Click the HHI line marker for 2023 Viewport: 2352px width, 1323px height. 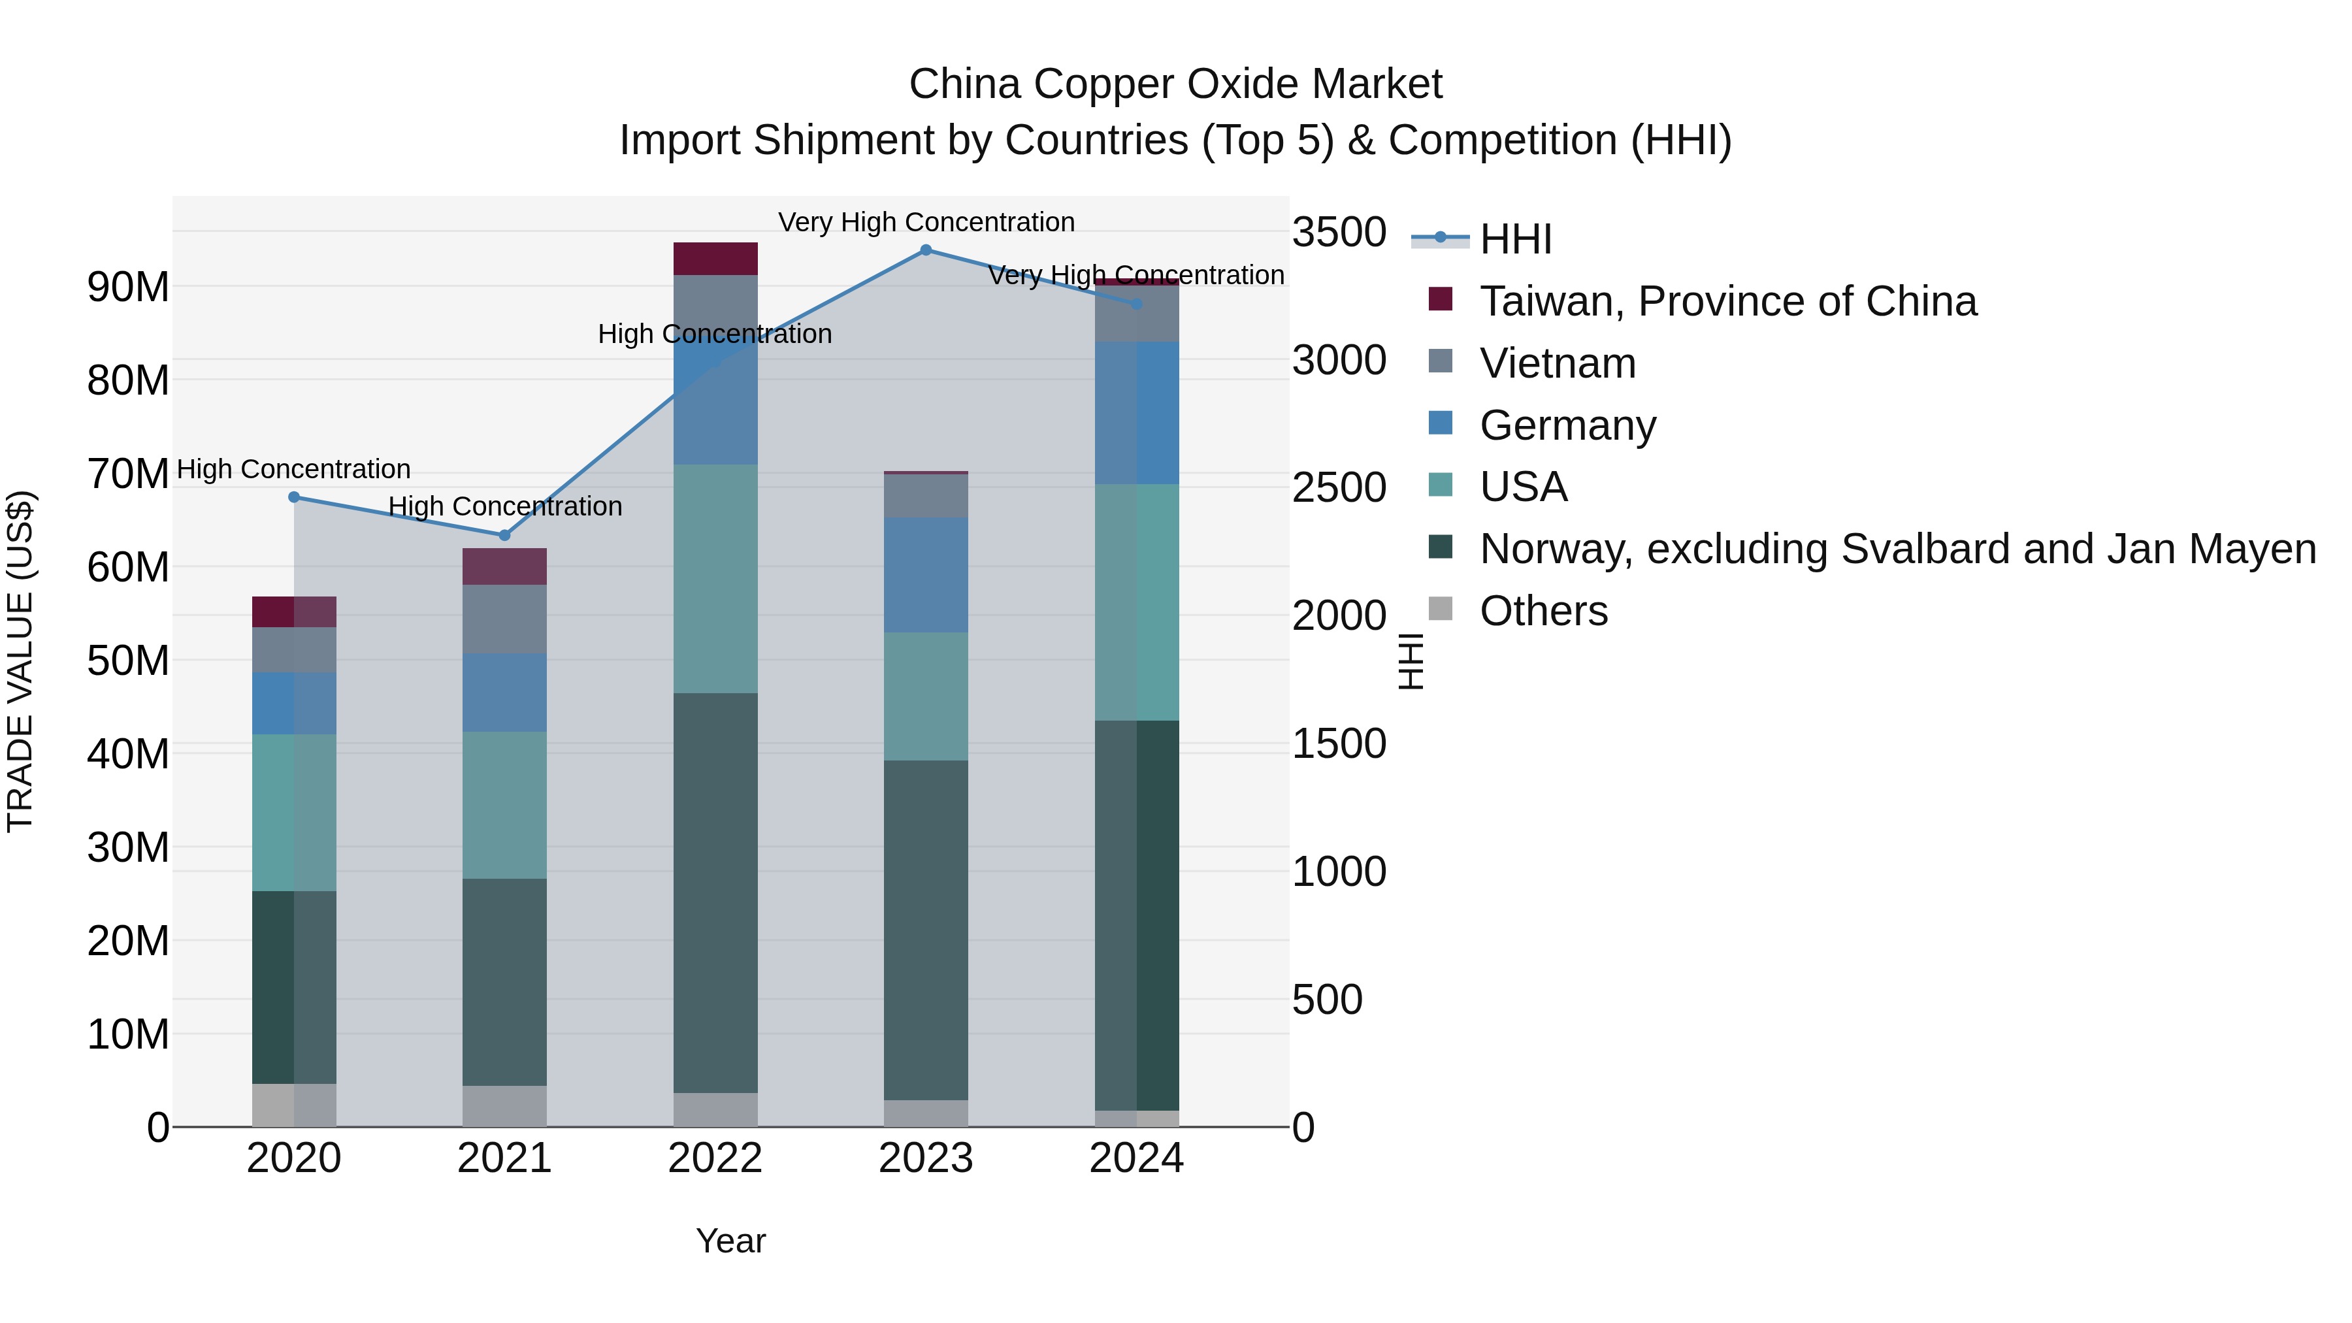926,250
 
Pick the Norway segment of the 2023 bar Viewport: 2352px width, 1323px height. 926,930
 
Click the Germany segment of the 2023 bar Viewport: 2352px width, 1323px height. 926,574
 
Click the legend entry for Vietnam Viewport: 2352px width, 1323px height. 1557,363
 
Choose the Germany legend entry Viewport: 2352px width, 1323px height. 1567,425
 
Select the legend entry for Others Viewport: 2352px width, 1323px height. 1543,611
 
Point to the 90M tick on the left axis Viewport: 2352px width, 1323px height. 128,287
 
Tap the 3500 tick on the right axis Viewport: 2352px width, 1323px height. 1339,232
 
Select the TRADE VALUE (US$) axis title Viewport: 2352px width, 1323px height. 20,661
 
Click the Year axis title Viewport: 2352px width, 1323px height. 730,1241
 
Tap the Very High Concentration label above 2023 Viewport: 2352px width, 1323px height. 926,222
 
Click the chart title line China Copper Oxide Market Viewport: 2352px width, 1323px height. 1175,84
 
